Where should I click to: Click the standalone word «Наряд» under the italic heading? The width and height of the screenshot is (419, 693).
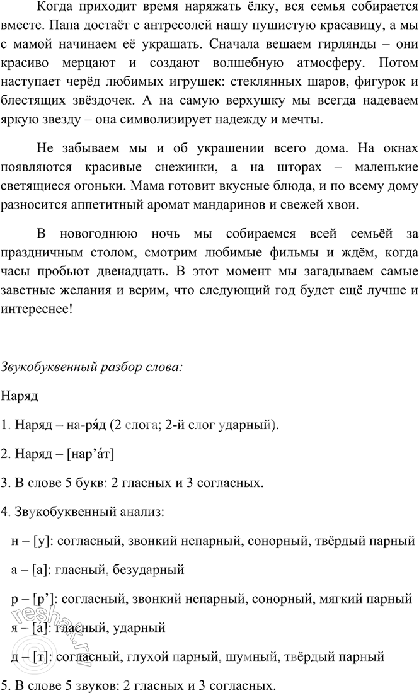click(20, 396)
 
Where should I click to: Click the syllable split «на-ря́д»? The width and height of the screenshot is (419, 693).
click(85, 425)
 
